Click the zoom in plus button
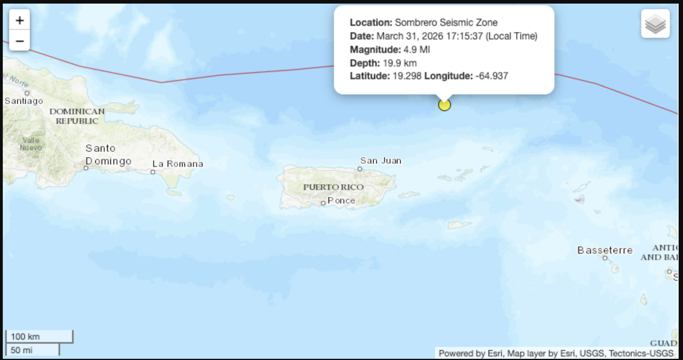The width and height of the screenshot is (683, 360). pyautogui.click(x=20, y=20)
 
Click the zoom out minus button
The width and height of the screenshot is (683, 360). pyautogui.click(x=20, y=41)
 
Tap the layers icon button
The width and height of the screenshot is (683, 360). pyautogui.click(x=655, y=24)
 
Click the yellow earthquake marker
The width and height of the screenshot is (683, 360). pyautogui.click(x=444, y=105)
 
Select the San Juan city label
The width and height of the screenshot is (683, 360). pyautogui.click(x=381, y=161)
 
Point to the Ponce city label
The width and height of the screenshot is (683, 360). pyautogui.click(x=341, y=201)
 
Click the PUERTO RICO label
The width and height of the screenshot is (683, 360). pyautogui.click(x=333, y=187)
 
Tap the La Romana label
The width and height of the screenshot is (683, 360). pyautogui.click(x=178, y=164)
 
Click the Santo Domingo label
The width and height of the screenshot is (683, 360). pyautogui.click(x=108, y=155)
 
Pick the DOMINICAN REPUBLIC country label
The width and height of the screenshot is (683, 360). pyautogui.click(x=77, y=116)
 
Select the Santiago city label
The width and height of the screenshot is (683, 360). pyautogui.click(x=24, y=101)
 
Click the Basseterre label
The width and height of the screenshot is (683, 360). pyautogui.click(x=605, y=250)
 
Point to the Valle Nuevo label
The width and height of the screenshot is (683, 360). pyautogui.click(x=31, y=144)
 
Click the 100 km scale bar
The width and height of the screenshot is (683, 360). pyautogui.click(x=39, y=337)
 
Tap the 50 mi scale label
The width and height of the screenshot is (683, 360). pyautogui.click(x=22, y=350)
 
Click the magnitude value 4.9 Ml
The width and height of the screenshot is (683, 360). pyautogui.click(x=416, y=50)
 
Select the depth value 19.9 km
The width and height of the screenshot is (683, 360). pyautogui.click(x=400, y=63)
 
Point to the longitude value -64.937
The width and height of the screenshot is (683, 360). pyautogui.click(x=492, y=76)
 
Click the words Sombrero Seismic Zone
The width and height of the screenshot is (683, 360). pyautogui.click(x=446, y=23)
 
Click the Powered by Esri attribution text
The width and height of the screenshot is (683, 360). pyautogui.click(x=470, y=353)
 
